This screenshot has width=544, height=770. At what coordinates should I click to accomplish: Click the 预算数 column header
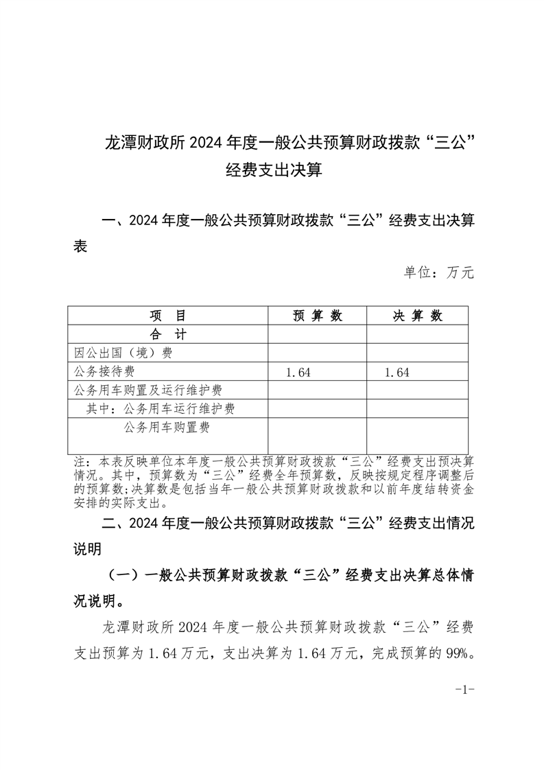point(317,316)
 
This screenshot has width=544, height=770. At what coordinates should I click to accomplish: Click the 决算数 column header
point(417,316)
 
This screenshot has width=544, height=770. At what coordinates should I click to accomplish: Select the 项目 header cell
point(167,316)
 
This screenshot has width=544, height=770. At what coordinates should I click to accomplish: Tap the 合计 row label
point(167,334)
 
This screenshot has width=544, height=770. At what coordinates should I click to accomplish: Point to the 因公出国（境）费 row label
point(123,353)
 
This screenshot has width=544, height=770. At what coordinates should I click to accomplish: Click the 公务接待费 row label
point(104,372)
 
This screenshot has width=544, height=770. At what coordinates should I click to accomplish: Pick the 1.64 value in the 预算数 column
point(298,373)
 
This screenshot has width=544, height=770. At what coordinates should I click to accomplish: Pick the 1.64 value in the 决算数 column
point(397,373)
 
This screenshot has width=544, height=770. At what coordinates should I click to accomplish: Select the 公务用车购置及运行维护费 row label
point(147,390)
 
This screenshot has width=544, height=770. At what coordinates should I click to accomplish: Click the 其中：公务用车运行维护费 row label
point(161,409)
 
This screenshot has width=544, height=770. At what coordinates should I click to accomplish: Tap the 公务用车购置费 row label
point(167,428)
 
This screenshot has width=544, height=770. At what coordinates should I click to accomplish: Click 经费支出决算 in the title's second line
point(273,170)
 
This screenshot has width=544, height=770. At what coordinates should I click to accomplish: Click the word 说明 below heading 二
point(87,549)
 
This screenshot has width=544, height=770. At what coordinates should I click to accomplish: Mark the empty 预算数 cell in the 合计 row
point(317,334)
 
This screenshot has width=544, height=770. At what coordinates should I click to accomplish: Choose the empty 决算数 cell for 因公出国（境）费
point(417,353)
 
